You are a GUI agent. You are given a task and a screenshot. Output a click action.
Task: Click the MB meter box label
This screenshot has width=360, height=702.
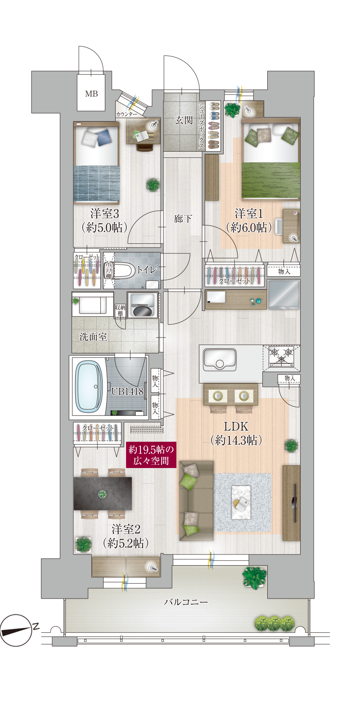91,94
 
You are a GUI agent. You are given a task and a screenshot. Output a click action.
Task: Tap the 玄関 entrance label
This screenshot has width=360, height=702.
184,120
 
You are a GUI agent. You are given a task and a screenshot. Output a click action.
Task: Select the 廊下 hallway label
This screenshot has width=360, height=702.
183,218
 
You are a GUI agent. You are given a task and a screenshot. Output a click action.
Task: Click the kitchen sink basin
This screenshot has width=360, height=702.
219,360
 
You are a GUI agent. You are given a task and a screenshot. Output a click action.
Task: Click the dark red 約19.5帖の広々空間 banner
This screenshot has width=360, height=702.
151,455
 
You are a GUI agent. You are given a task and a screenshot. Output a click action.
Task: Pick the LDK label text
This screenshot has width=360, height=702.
236,426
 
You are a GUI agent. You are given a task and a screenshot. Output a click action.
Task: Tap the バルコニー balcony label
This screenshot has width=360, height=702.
186,602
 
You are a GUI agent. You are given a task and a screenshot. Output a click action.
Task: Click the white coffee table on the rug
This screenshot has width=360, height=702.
241,502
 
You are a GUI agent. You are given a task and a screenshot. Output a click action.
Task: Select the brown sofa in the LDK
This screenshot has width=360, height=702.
196,500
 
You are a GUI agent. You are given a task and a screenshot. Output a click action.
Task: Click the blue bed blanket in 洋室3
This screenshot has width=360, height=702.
96,183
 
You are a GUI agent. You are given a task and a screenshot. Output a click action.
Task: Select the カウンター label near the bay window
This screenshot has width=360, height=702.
126,114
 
